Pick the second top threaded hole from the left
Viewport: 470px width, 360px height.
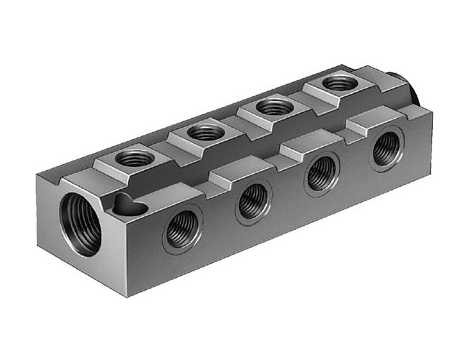click(204, 131)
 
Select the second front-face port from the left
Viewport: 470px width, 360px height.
click(251, 202)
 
